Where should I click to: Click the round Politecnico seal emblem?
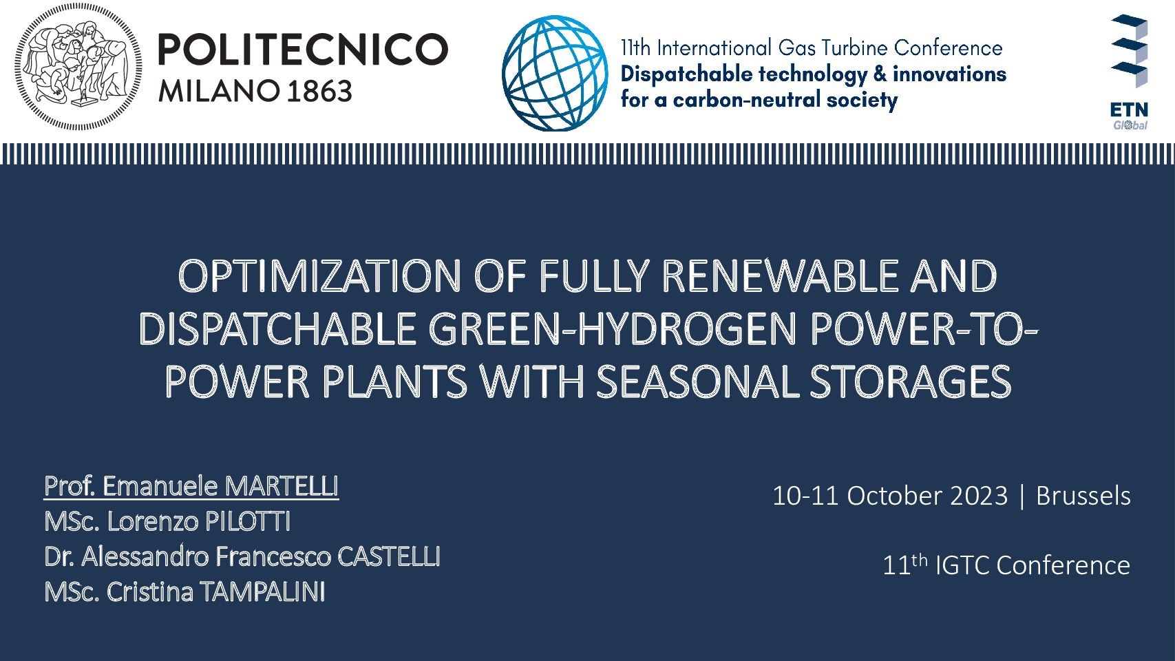click(x=78, y=67)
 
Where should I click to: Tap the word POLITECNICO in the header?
click(x=303, y=50)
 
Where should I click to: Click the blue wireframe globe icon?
click(x=555, y=73)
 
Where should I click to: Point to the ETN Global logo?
click(x=1130, y=72)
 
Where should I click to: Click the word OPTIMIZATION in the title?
click(x=319, y=277)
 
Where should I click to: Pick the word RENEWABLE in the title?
click(x=779, y=277)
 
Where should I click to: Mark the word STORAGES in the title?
click(x=911, y=382)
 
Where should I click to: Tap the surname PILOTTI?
click(x=248, y=521)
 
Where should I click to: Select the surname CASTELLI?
click(x=389, y=556)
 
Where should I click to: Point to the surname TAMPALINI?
click(x=262, y=591)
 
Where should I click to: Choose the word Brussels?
click(x=1083, y=496)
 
